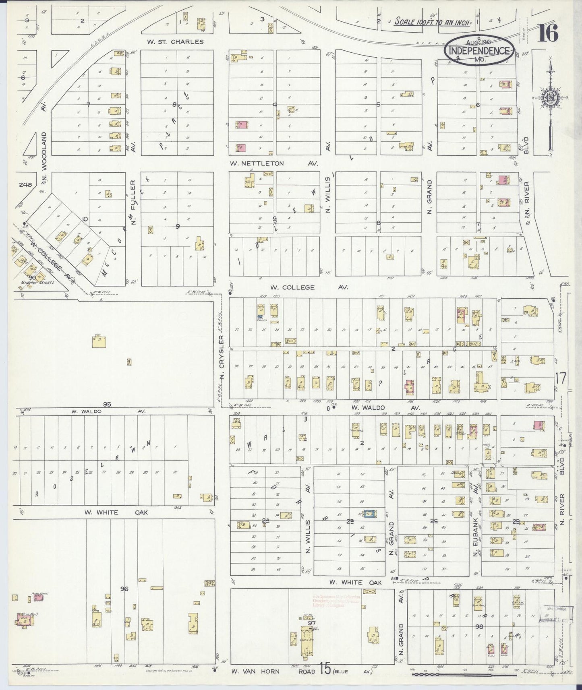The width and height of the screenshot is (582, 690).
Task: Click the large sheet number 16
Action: (549, 33)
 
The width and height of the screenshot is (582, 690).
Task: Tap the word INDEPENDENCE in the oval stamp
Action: (479, 51)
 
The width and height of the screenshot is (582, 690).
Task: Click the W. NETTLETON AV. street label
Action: (274, 163)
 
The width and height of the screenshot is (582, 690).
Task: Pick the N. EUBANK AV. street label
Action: (476, 527)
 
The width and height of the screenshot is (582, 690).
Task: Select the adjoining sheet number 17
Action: (560, 378)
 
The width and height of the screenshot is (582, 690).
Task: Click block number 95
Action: (107, 404)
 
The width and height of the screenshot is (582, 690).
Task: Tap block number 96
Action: (124, 589)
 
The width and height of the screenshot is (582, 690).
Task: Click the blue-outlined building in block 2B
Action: (369, 513)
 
